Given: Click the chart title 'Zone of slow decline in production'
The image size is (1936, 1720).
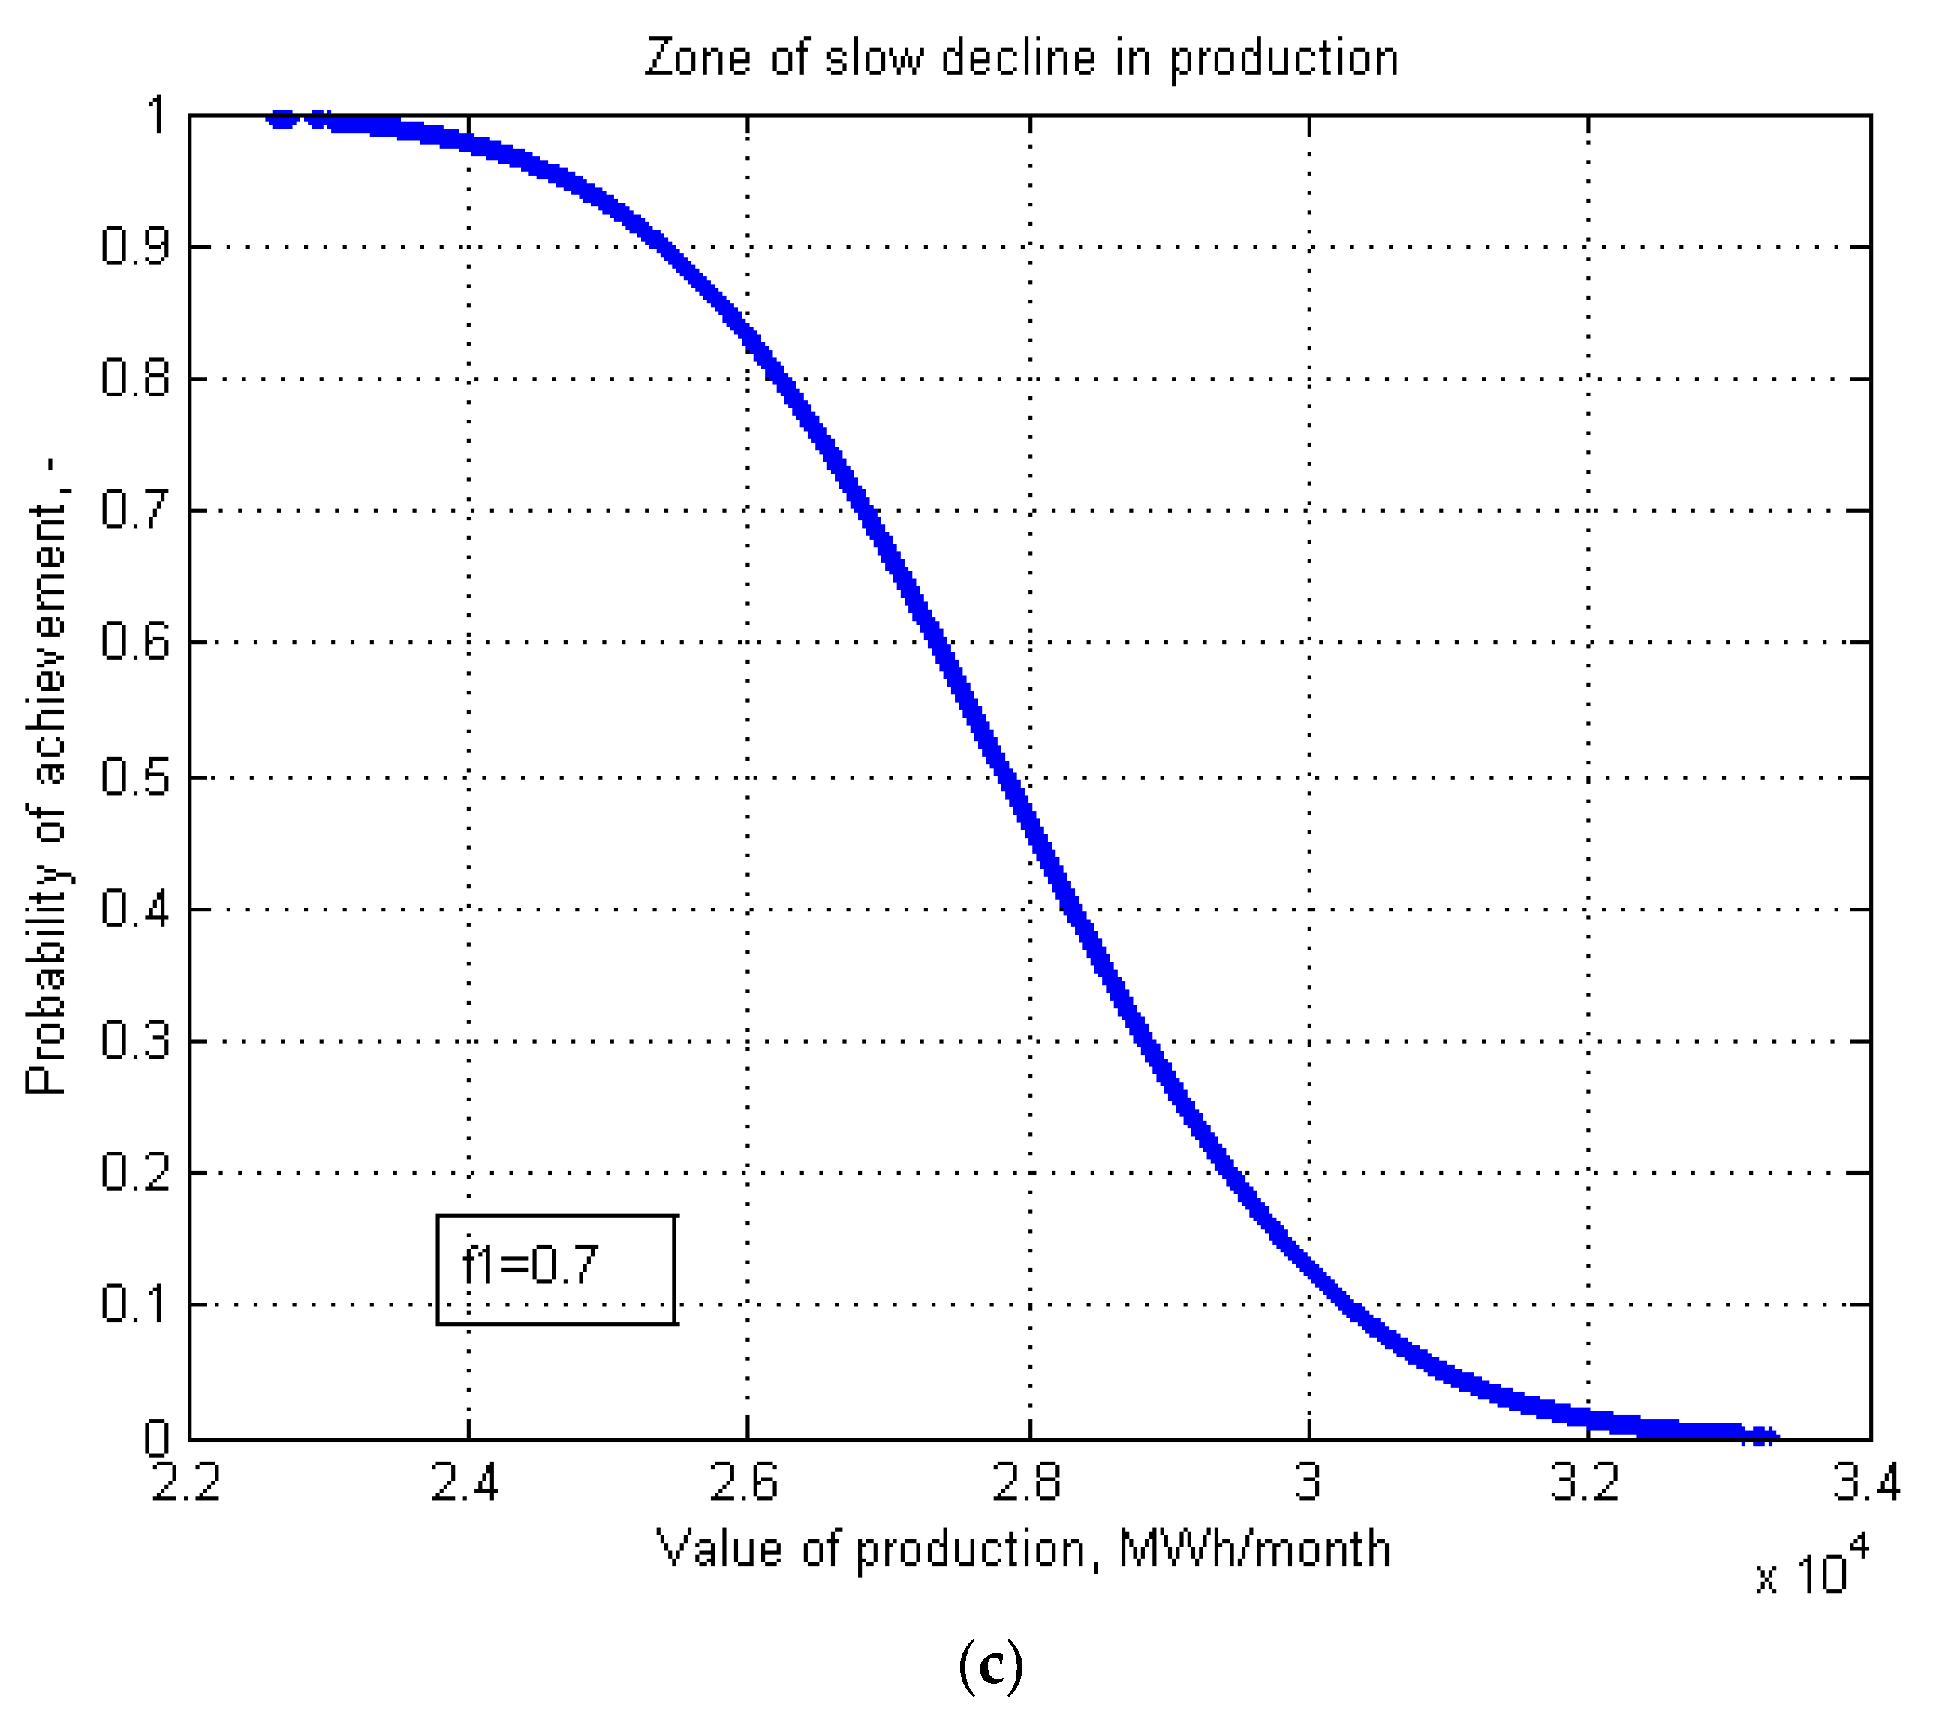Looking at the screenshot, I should click(x=1021, y=59).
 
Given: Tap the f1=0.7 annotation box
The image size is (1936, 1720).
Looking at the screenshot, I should click(x=556, y=1269).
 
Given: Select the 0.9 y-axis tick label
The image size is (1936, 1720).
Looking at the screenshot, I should click(x=134, y=247).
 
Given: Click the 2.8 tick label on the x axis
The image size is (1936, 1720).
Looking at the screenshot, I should click(x=1027, y=1482).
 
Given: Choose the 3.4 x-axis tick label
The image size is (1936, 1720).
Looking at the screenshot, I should click(x=1866, y=1482).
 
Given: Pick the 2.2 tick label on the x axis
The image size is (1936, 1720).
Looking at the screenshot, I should click(x=187, y=1482).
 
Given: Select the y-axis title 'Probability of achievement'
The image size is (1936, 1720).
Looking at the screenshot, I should click(x=47, y=776).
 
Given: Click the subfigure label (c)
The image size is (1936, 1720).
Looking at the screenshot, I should click(x=991, y=1666).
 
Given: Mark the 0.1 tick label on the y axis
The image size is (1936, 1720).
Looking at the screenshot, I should click(x=134, y=1304).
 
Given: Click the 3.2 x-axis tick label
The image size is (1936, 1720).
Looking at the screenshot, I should click(x=1585, y=1482).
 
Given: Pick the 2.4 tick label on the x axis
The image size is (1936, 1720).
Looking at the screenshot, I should click(x=465, y=1482).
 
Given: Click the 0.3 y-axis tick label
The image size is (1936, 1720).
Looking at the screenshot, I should click(x=134, y=1041).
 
